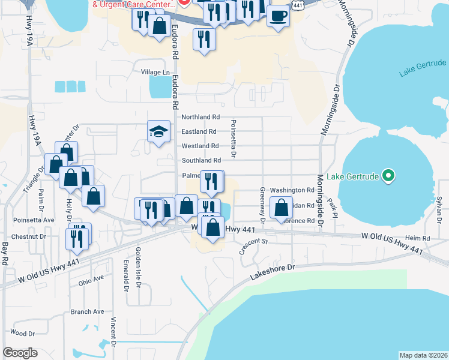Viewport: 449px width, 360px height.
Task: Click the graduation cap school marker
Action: coord(158,132)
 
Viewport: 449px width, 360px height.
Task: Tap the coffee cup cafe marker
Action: coord(278,15)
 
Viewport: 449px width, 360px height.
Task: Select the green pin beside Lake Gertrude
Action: coord(388,176)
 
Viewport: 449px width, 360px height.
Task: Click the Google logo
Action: coord(20,353)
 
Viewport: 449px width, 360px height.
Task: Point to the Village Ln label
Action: coord(155,73)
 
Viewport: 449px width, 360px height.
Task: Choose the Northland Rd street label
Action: coord(200,117)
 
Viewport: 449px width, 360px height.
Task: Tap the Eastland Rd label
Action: coord(199,131)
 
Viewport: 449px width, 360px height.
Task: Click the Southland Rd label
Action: coord(201,160)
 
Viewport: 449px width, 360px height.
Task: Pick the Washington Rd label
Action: coord(292,190)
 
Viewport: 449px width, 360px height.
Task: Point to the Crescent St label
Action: coord(253,245)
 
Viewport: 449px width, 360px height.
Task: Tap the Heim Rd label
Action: coord(417,238)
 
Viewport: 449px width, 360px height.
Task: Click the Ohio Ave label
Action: coord(91,279)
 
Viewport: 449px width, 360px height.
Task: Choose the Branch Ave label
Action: coord(87,312)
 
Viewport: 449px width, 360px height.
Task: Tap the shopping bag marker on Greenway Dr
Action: coord(281,208)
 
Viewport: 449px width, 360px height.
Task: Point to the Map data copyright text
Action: coord(423,355)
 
